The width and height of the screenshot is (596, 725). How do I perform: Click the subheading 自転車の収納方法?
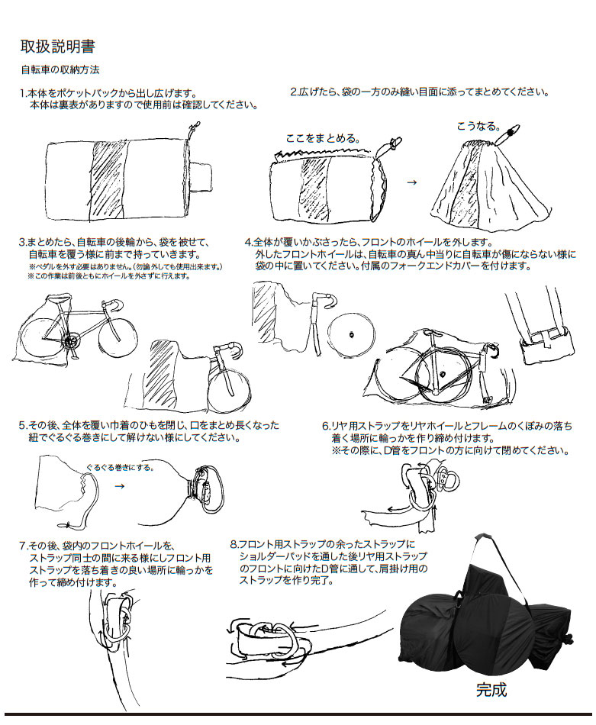click(60, 69)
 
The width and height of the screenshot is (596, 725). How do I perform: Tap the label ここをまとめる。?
click(321, 138)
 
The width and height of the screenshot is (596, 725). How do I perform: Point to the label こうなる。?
click(478, 125)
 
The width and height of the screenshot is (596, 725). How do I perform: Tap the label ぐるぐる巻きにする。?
click(120, 466)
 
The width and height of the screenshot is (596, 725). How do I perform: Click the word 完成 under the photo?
click(491, 690)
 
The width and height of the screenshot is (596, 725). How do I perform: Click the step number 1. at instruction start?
click(23, 92)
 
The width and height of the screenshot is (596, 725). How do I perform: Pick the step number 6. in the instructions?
click(325, 426)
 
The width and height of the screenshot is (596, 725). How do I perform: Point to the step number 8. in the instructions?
click(234, 544)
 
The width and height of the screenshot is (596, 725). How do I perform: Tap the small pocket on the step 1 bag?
click(202, 176)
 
